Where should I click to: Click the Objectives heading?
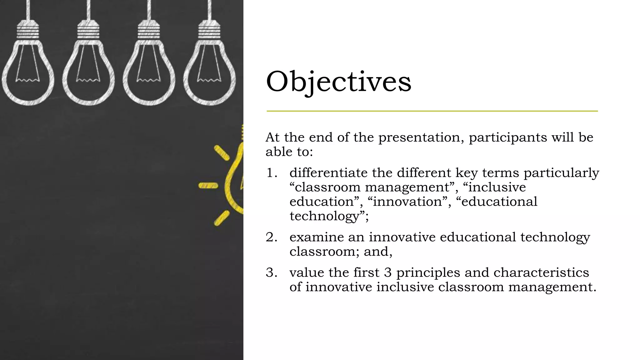[338, 82]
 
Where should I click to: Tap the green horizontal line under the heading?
[432, 111]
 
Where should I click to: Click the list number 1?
[271, 173]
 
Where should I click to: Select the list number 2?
[271, 237]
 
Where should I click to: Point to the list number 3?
[271, 272]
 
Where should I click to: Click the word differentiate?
[328, 173]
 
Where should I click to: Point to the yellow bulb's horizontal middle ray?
[208, 186]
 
